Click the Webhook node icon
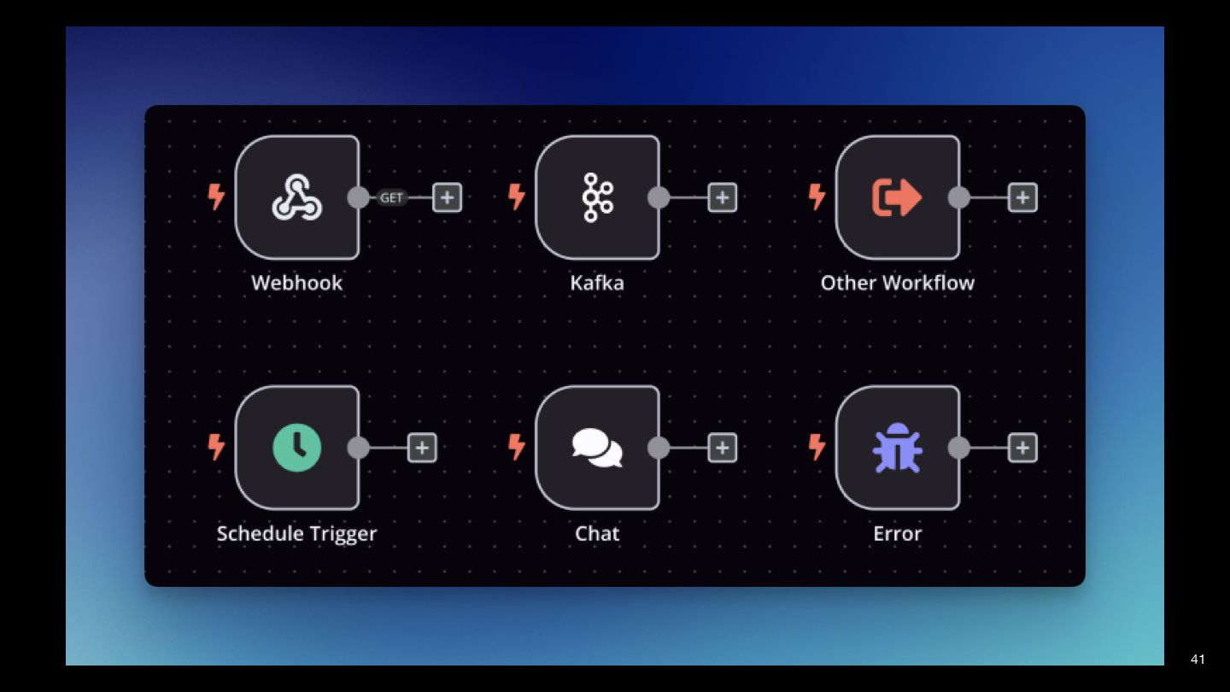[296, 197]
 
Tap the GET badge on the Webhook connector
[391, 197]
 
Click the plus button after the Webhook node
[447, 197]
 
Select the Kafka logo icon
[597, 197]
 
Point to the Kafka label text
[597, 283]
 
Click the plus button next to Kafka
[723, 197]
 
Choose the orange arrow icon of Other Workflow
[897, 197]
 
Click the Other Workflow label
[897, 283]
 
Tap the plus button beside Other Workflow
[1022, 197]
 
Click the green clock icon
[296, 448]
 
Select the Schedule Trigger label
[296, 533]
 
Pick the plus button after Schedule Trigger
[422, 448]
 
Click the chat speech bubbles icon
[597, 448]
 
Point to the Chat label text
[597, 533]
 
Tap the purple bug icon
[897, 448]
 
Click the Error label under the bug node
[897, 533]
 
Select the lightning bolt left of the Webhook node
[217, 197]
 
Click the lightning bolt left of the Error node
[817, 447]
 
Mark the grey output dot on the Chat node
[659, 448]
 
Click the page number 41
[1198, 659]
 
